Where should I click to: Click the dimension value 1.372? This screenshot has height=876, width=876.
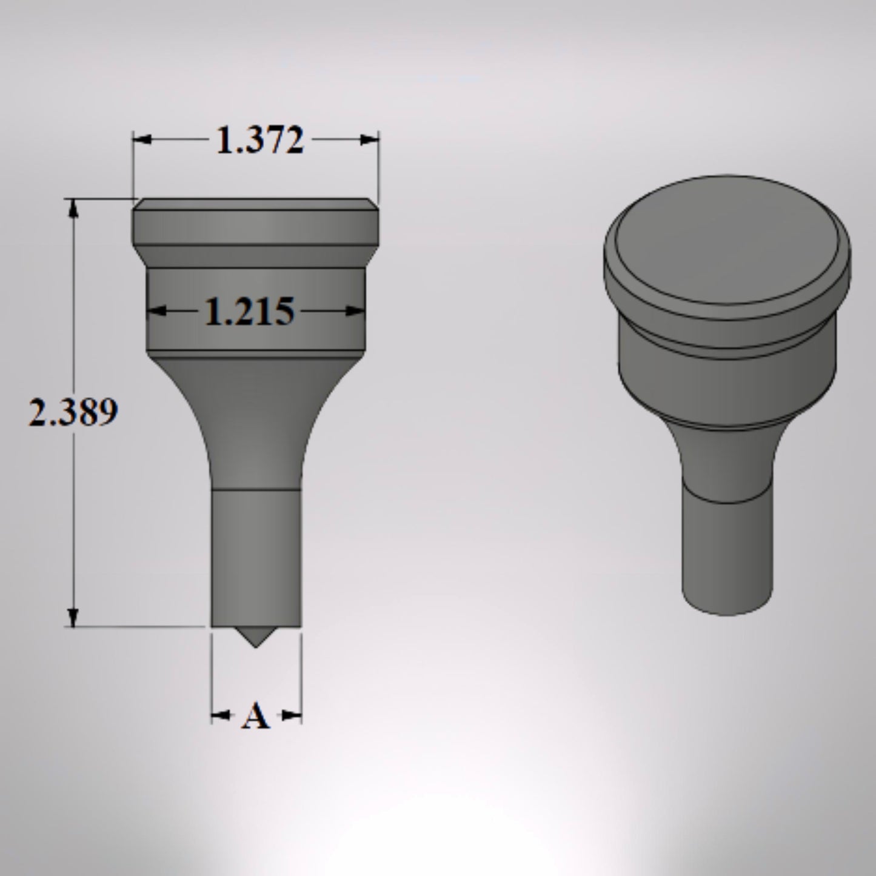[259, 141]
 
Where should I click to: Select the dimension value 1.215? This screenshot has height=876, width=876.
[249, 312]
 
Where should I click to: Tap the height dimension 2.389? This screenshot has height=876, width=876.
[73, 413]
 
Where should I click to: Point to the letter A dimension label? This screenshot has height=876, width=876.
[255, 717]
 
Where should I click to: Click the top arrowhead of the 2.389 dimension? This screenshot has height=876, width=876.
[74, 208]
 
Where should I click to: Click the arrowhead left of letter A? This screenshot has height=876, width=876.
[219, 717]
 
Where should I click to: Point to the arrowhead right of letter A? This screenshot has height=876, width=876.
[292, 717]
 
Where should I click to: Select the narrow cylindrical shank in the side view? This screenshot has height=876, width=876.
[255, 558]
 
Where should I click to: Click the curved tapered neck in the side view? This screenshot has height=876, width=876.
[255, 424]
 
